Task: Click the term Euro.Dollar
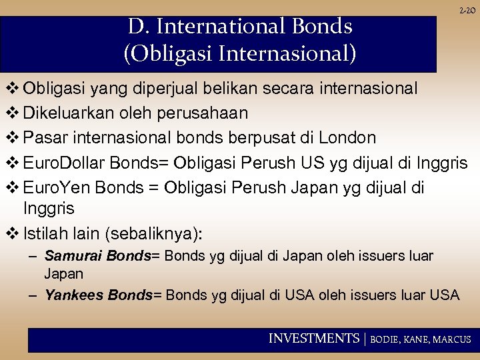[x=63, y=163]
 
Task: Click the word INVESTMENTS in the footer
[x=313, y=339]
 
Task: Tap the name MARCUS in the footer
[x=452, y=339]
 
